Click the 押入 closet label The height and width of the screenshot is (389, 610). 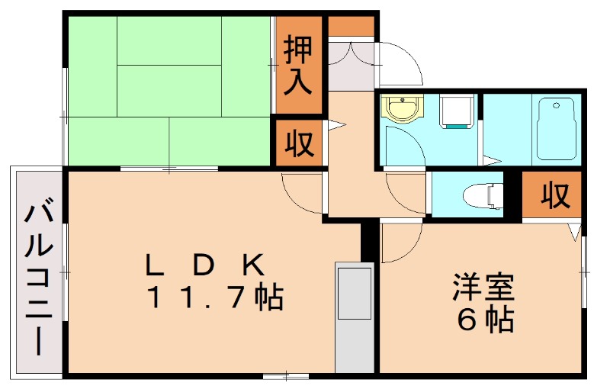point(298,66)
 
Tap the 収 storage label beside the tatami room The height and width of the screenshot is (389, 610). point(298,143)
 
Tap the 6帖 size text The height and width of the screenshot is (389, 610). point(483,320)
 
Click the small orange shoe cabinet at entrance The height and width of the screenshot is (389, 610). point(352,26)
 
